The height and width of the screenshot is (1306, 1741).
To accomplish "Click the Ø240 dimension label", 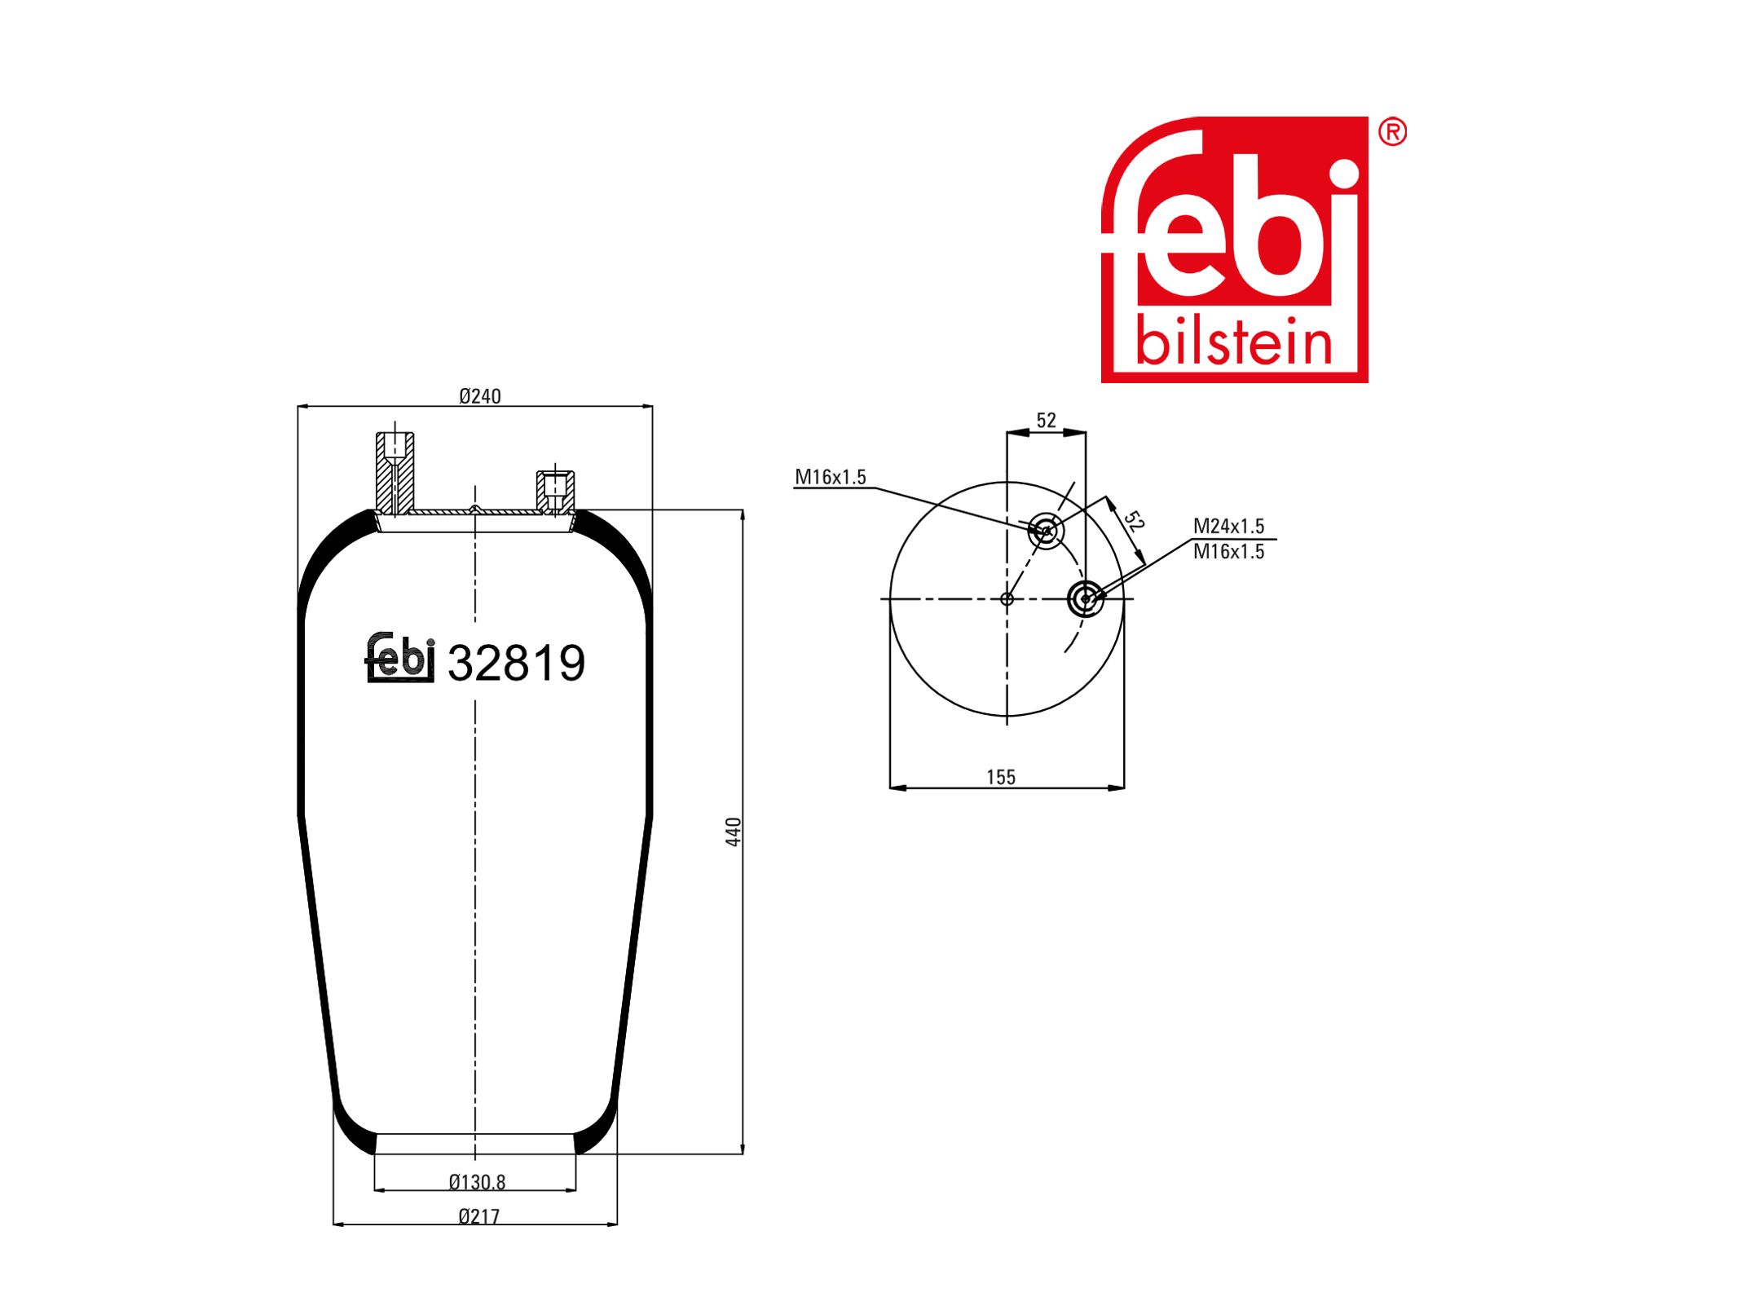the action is (479, 396).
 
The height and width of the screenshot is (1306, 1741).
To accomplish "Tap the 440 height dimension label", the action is (733, 832).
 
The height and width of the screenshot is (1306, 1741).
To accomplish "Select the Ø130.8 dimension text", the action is (477, 1181).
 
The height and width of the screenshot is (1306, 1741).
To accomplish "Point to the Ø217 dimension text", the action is (478, 1216).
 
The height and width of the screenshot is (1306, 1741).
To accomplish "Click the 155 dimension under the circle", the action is (1001, 777).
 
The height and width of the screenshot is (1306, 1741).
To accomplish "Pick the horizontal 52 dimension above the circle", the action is (1046, 420).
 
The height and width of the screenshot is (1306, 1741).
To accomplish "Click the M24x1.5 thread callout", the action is (1228, 526).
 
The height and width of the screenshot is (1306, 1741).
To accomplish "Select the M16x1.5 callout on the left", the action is (831, 477).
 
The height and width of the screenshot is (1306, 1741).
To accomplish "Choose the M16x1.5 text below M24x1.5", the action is (1228, 552).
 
